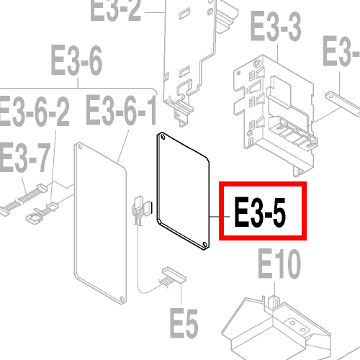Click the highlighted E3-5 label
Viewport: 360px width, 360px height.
(260, 212)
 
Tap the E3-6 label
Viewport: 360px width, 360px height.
(76, 60)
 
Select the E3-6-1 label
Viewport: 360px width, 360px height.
(121, 110)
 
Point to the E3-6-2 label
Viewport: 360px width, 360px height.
(35, 111)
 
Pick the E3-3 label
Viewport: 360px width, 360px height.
(276, 26)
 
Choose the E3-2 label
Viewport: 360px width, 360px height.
(116, 9)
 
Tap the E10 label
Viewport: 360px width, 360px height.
(279, 264)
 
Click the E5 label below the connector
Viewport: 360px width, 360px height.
(184, 323)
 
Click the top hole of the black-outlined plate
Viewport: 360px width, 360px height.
(163, 137)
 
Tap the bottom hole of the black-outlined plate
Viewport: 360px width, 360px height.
(204, 244)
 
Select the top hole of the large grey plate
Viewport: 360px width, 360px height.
(80, 146)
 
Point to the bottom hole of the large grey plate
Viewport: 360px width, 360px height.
(122, 299)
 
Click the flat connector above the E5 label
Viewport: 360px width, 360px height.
(174, 275)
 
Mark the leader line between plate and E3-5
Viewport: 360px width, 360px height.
(220, 217)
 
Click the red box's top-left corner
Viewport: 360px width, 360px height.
(219, 181)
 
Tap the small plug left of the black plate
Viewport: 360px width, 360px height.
(143, 207)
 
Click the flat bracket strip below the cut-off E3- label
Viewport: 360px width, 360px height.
(343, 102)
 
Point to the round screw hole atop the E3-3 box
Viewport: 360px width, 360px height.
(257, 64)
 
